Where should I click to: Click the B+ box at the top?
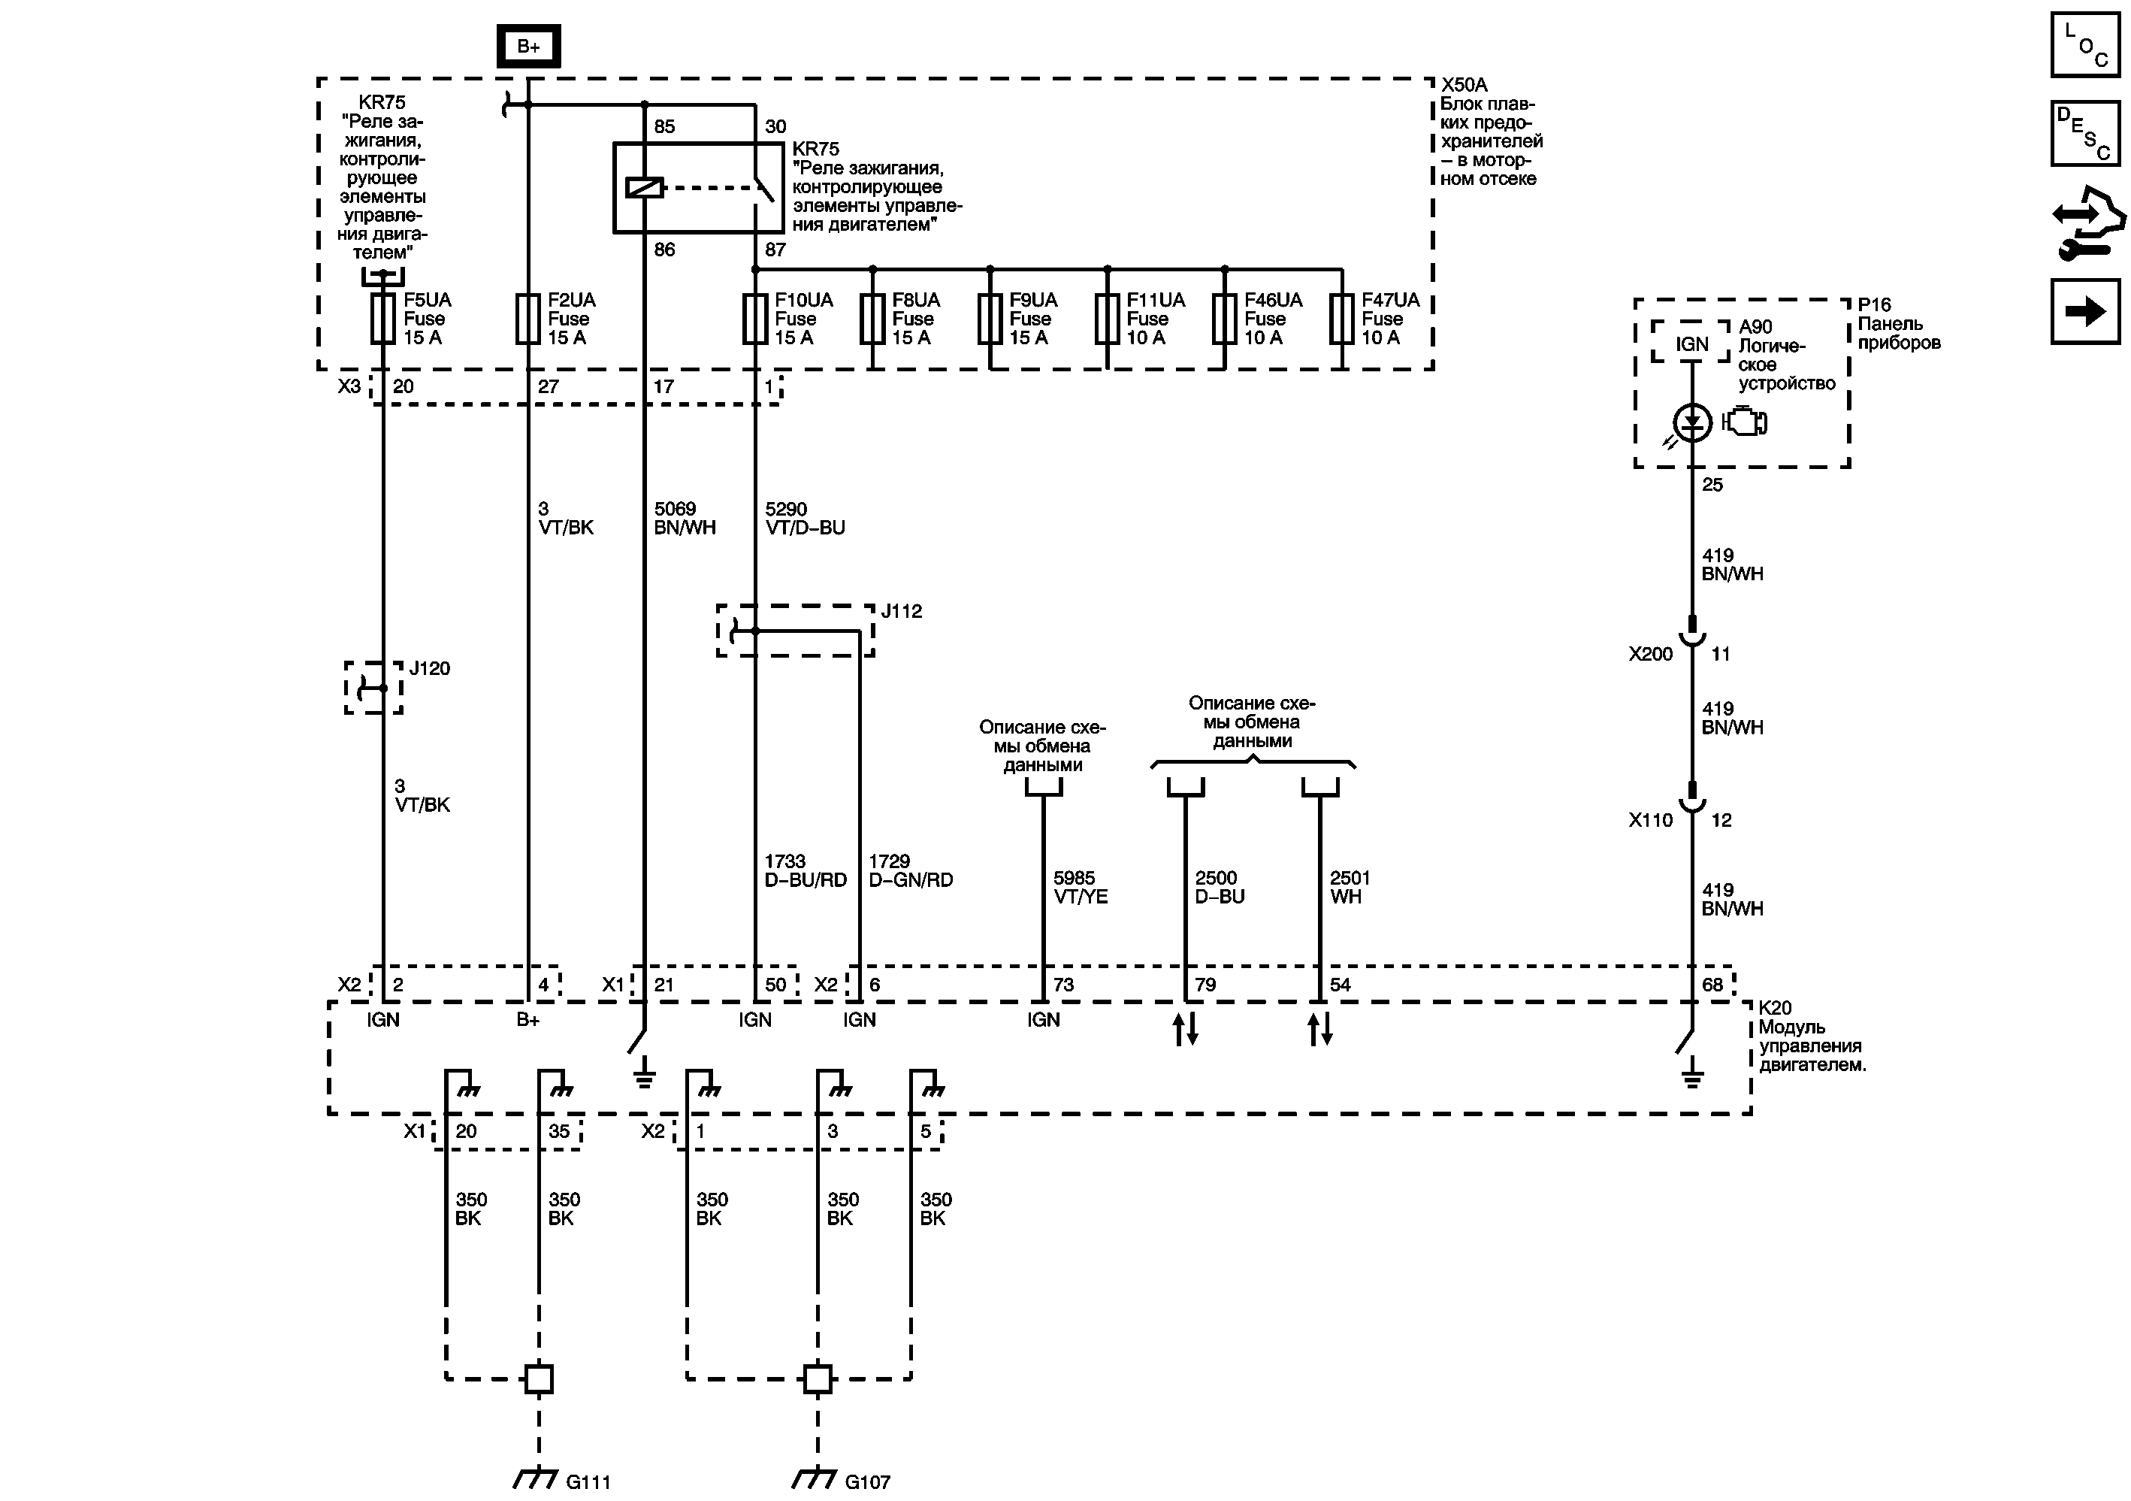point(528,47)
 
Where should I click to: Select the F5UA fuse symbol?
point(382,319)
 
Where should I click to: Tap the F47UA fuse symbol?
point(1341,319)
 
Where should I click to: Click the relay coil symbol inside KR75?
point(644,187)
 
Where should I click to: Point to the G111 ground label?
point(588,1481)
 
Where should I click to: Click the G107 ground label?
point(867,1481)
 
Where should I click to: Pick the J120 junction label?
point(430,668)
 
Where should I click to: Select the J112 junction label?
point(901,611)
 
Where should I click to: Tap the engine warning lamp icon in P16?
point(1745,422)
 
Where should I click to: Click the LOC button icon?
point(2084,44)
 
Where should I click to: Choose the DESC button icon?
point(2084,133)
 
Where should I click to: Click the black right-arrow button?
point(2084,311)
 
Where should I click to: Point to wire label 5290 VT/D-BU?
point(805,518)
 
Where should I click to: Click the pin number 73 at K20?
point(1064,985)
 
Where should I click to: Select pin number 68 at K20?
point(1712,985)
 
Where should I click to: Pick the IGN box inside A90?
point(1691,344)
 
